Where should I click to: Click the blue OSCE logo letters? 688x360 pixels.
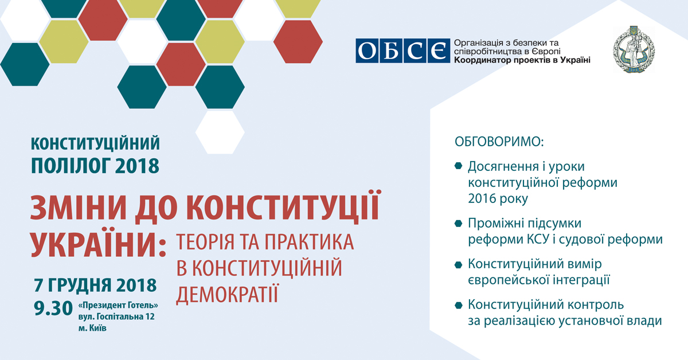[402, 51]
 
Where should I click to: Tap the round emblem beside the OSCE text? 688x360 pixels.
[634, 49]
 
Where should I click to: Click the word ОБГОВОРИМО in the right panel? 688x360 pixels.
[499, 142]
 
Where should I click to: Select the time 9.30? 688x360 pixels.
[53, 308]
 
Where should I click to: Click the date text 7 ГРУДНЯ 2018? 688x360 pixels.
[95, 285]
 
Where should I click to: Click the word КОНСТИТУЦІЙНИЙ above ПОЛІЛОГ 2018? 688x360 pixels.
[95, 143]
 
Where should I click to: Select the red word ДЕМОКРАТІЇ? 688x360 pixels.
[228, 294]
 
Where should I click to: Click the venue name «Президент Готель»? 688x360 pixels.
[118, 306]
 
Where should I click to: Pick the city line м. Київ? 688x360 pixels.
[92, 328]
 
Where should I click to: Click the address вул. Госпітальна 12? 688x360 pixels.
[116, 316]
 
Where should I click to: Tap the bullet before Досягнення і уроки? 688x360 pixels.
[458, 166]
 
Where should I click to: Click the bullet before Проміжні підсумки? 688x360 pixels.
[458, 224]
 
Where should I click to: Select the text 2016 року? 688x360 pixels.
[498, 199]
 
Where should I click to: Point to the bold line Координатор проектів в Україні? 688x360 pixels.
[522, 60]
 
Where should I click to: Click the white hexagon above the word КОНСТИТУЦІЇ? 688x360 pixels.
[220, 132]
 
